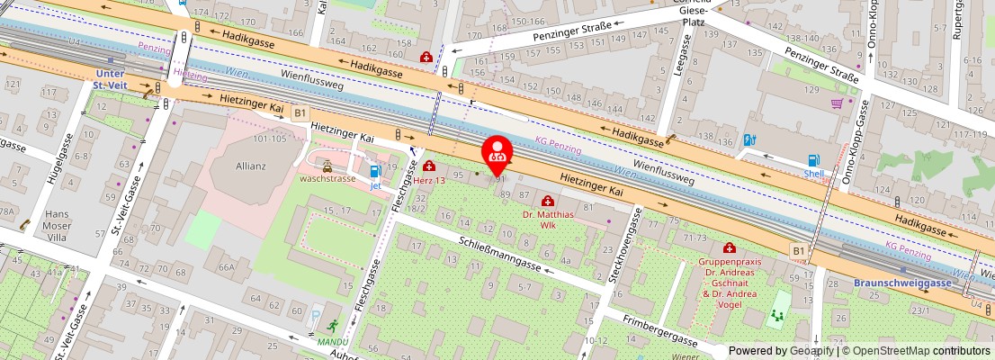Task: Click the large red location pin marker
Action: coord(497,154)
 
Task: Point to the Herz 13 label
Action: coord(429,180)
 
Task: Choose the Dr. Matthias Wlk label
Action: coord(548,220)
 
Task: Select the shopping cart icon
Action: coord(839,103)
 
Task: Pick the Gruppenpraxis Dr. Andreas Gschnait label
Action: coord(729,275)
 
